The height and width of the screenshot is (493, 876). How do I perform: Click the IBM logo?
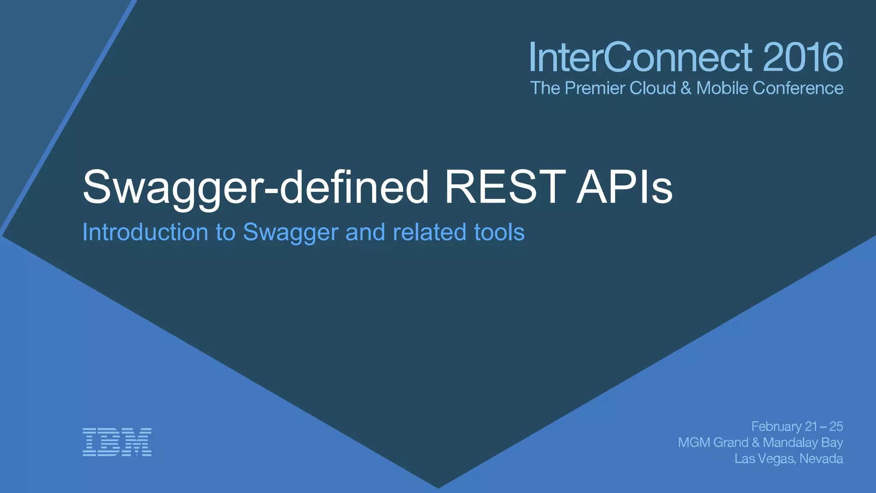[x=117, y=442]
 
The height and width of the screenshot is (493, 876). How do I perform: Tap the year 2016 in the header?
[x=802, y=57]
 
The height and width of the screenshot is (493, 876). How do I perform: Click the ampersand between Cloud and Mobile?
[x=686, y=88]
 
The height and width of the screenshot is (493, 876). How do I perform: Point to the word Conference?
[x=798, y=88]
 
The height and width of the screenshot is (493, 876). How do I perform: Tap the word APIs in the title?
[x=624, y=187]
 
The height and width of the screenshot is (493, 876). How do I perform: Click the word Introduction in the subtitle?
[x=145, y=232]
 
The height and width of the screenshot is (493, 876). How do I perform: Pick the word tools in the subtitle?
[x=499, y=232]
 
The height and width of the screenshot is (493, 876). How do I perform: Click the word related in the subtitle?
[x=429, y=232]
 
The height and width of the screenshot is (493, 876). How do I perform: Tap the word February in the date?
[x=776, y=426]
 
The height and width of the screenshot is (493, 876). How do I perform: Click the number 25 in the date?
[x=836, y=426]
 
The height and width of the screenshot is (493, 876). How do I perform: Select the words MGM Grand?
[x=713, y=443]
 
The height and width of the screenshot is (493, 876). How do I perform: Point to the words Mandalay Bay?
[x=803, y=443]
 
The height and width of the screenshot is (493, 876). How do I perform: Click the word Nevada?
[x=821, y=459]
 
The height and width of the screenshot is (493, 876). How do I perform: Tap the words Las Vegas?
[x=765, y=459]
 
